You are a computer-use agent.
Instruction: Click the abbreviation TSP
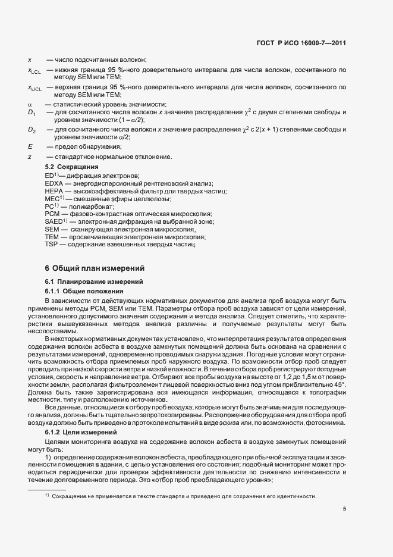click(51, 245)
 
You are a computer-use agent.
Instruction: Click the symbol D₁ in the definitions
click(32, 112)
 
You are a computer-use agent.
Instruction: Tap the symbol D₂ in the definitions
click(32, 130)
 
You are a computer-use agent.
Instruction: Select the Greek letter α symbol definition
click(30, 105)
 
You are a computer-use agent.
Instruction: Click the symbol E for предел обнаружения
click(30, 146)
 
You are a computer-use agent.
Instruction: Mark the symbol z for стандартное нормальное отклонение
click(29, 157)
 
